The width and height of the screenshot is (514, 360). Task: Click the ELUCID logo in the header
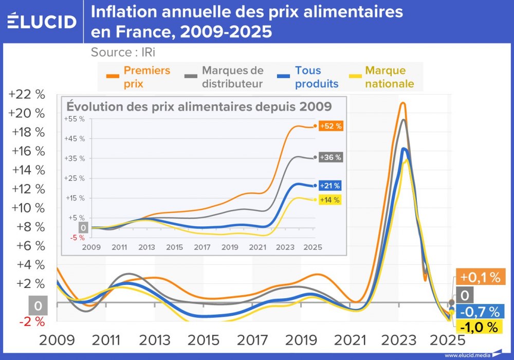pyautogui.click(x=42, y=21)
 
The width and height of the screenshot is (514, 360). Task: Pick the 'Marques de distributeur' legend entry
pyautogui.click(x=224, y=77)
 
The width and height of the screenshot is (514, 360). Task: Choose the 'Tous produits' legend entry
pyautogui.click(x=308, y=77)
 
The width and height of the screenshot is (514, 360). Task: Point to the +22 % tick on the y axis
pyautogui.click(x=27, y=94)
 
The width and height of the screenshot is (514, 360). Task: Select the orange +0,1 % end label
pyautogui.click(x=480, y=278)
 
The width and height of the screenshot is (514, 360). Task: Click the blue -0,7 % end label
pyautogui.click(x=480, y=312)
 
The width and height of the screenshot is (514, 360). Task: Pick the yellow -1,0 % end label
pyautogui.click(x=480, y=327)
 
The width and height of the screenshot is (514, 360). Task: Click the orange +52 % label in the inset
pyautogui.click(x=331, y=126)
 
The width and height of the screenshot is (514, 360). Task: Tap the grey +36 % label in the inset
pyautogui.click(x=331, y=158)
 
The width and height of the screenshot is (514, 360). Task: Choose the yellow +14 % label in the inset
pyautogui.click(x=331, y=200)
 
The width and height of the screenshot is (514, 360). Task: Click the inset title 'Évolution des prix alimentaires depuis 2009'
pyautogui.click(x=199, y=106)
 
